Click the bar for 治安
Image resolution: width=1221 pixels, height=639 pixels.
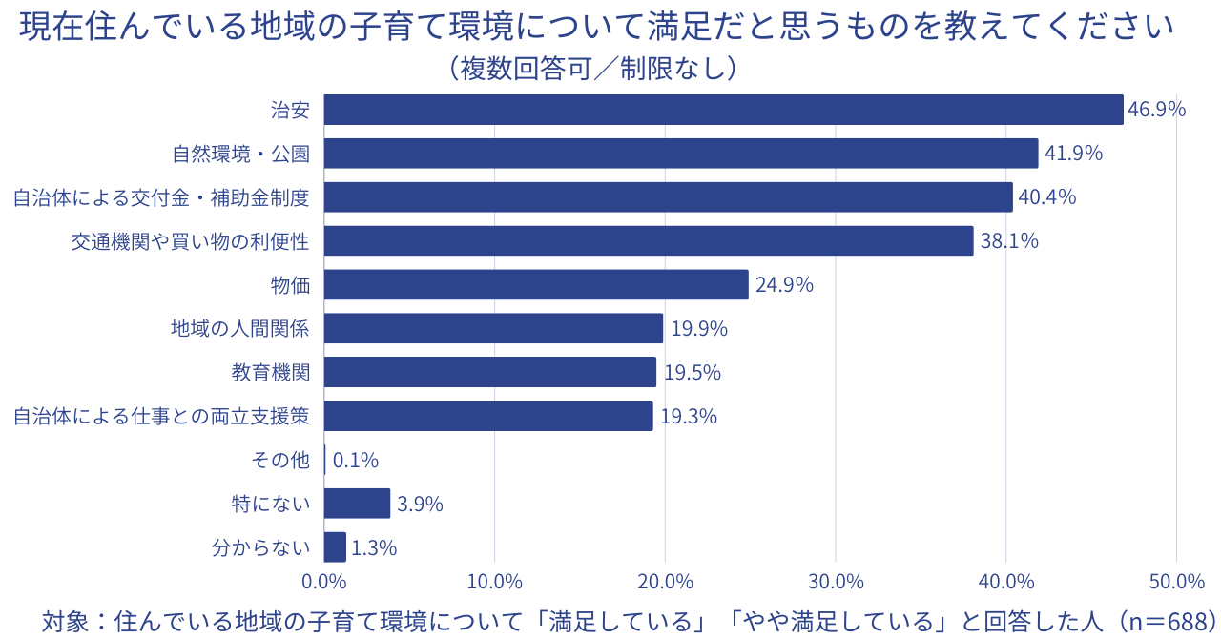[x=723, y=110]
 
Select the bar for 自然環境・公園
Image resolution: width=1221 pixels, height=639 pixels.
[x=681, y=154]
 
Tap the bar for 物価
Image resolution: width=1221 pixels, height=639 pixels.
[x=536, y=284]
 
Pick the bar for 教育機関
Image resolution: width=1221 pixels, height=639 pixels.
[x=490, y=372]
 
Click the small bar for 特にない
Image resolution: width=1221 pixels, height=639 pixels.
[x=357, y=503]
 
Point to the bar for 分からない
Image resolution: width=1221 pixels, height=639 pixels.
[x=335, y=547]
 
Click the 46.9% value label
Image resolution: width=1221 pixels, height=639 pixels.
[x=1156, y=110]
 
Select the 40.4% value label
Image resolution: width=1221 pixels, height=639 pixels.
[x=1047, y=197]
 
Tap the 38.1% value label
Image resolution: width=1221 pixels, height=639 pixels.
[x=1009, y=241]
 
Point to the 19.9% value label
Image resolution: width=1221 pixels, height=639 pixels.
[x=698, y=329]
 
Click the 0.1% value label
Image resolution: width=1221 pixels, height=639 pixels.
[x=355, y=461]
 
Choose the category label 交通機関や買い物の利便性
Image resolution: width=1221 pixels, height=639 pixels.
[x=191, y=241]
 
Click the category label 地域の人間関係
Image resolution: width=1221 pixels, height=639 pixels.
[x=240, y=329]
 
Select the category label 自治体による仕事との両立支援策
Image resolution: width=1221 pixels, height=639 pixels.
[x=161, y=416]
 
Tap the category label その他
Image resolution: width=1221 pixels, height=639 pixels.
[x=280, y=461]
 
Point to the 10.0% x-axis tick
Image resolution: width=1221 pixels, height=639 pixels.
[x=494, y=581]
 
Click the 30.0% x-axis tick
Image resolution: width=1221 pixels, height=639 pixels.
[x=836, y=581]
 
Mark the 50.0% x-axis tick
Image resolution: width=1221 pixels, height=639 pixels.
[x=1177, y=581]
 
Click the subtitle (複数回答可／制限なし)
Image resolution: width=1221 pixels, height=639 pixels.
[x=592, y=69]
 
